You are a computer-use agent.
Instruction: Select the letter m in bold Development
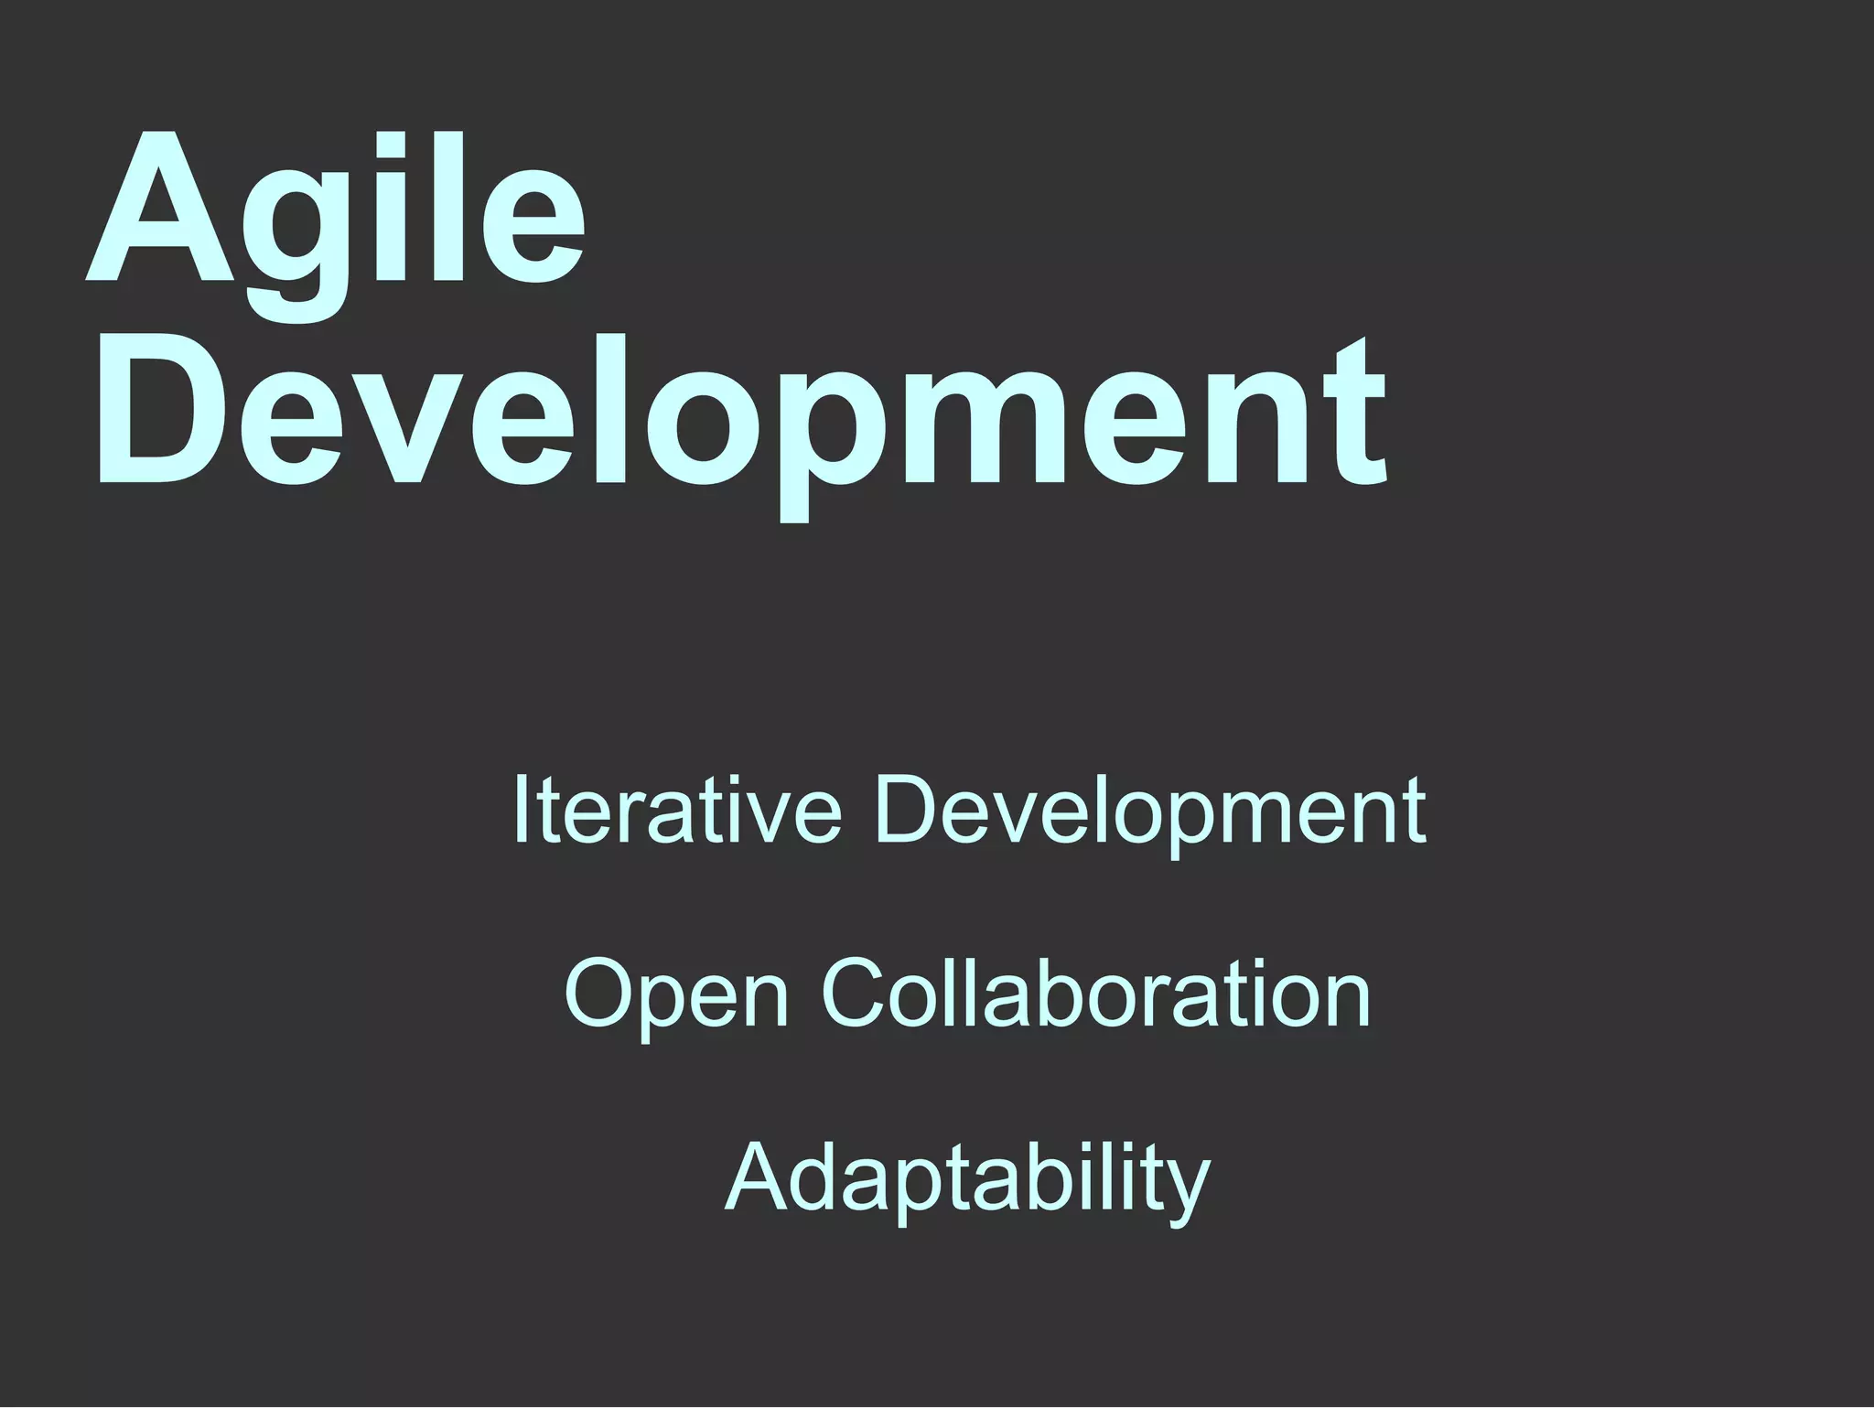(1006, 429)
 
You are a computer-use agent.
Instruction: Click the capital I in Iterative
(521, 809)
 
